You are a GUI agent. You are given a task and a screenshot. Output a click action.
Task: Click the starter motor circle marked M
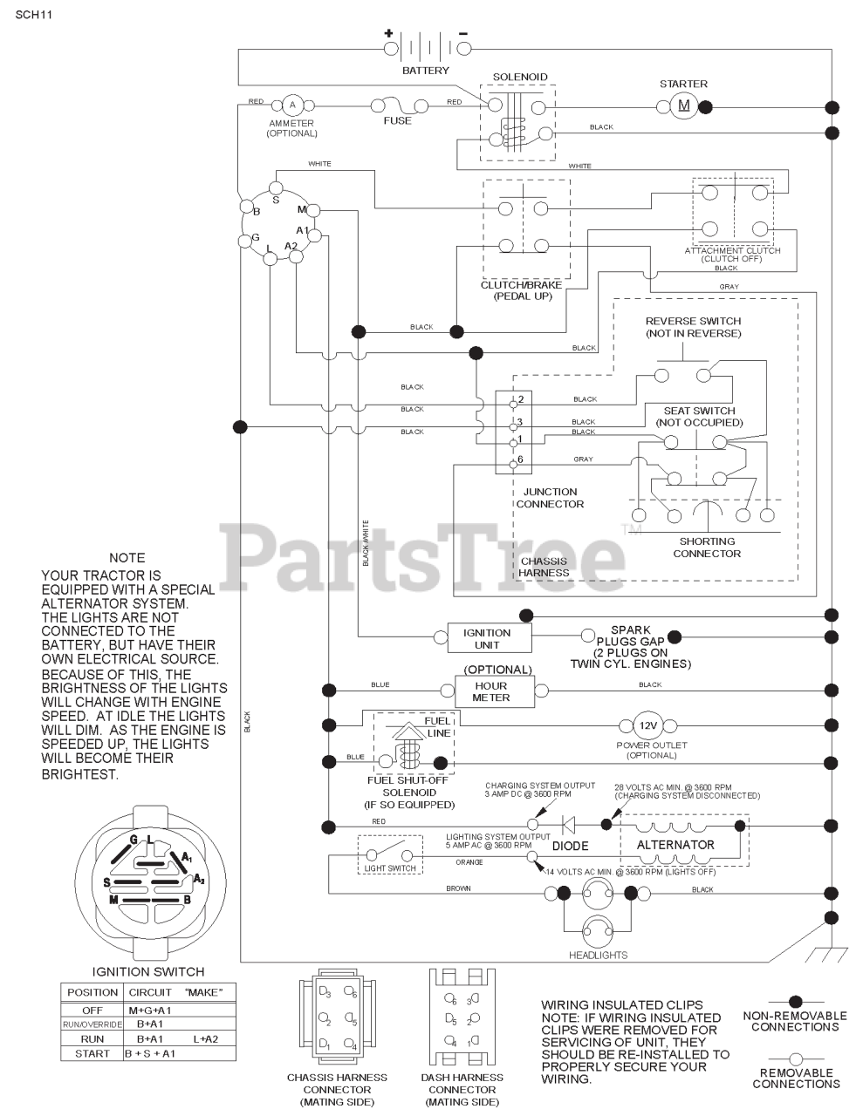(x=683, y=106)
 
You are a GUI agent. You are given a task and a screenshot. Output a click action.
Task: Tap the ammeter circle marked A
(x=292, y=105)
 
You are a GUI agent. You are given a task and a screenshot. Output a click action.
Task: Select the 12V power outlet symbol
(x=647, y=725)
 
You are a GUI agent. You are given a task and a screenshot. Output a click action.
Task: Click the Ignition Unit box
(x=490, y=638)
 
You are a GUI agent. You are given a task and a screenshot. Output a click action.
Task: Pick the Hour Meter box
(x=495, y=691)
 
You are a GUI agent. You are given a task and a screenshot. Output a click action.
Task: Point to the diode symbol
(x=569, y=826)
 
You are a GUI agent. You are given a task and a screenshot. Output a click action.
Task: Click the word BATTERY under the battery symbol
(x=426, y=71)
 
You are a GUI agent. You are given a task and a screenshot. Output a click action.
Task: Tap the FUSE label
(x=397, y=120)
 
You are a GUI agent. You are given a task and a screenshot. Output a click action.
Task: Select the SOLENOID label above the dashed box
(x=520, y=77)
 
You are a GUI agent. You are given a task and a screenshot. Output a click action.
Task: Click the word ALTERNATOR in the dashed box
(x=675, y=845)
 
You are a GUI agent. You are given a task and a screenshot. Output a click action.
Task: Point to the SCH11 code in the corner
(x=33, y=14)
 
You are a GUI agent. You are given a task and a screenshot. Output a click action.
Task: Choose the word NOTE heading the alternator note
(x=127, y=558)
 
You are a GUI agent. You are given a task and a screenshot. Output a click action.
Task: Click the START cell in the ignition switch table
(x=92, y=1053)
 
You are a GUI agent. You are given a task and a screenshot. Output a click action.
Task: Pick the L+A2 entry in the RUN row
(x=206, y=1039)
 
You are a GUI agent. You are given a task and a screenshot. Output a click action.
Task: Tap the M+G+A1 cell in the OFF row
(x=150, y=1011)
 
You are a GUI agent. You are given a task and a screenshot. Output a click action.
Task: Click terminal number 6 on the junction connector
(x=520, y=459)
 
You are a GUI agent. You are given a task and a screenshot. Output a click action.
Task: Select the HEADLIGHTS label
(x=599, y=956)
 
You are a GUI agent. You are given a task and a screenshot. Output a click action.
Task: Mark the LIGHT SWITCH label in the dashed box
(x=390, y=868)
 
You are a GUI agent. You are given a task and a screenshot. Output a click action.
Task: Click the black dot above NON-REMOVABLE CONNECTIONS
(x=795, y=1002)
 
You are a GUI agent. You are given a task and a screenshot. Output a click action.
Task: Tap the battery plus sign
(x=388, y=33)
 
